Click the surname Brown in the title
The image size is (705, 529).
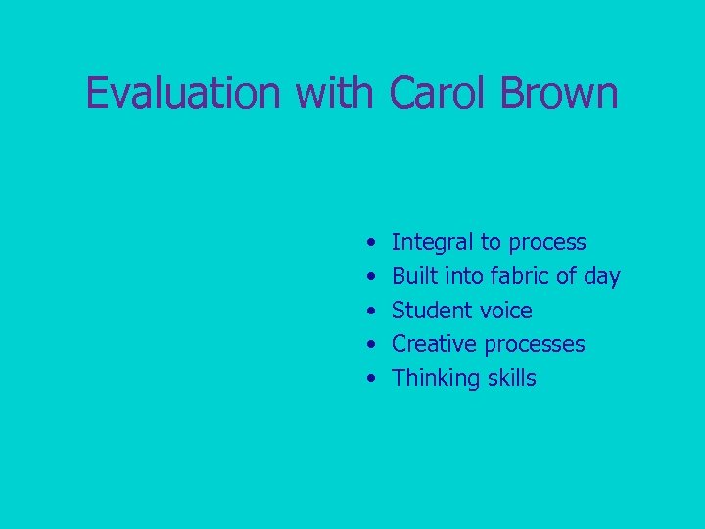[560, 94]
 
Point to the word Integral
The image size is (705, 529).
[432, 243]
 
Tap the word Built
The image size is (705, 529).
[415, 277]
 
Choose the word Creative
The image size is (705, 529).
[436, 345]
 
